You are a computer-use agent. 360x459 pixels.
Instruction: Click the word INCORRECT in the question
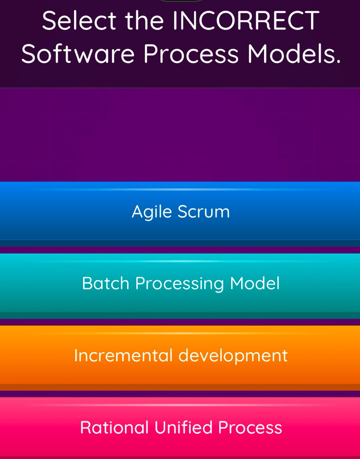click(x=246, y=21)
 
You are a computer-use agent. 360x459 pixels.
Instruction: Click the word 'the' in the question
click(x=144, y=21)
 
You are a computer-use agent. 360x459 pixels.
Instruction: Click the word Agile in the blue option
click(x=151, y=212)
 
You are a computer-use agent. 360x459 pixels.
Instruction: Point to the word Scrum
click(x=204, y=212)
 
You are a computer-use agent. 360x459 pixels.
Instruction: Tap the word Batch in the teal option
click(x=105, y=283)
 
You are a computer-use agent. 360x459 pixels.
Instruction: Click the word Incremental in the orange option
click(x=123, y=355)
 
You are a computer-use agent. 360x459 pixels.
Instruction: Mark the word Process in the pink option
click(x=250, y=428)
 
